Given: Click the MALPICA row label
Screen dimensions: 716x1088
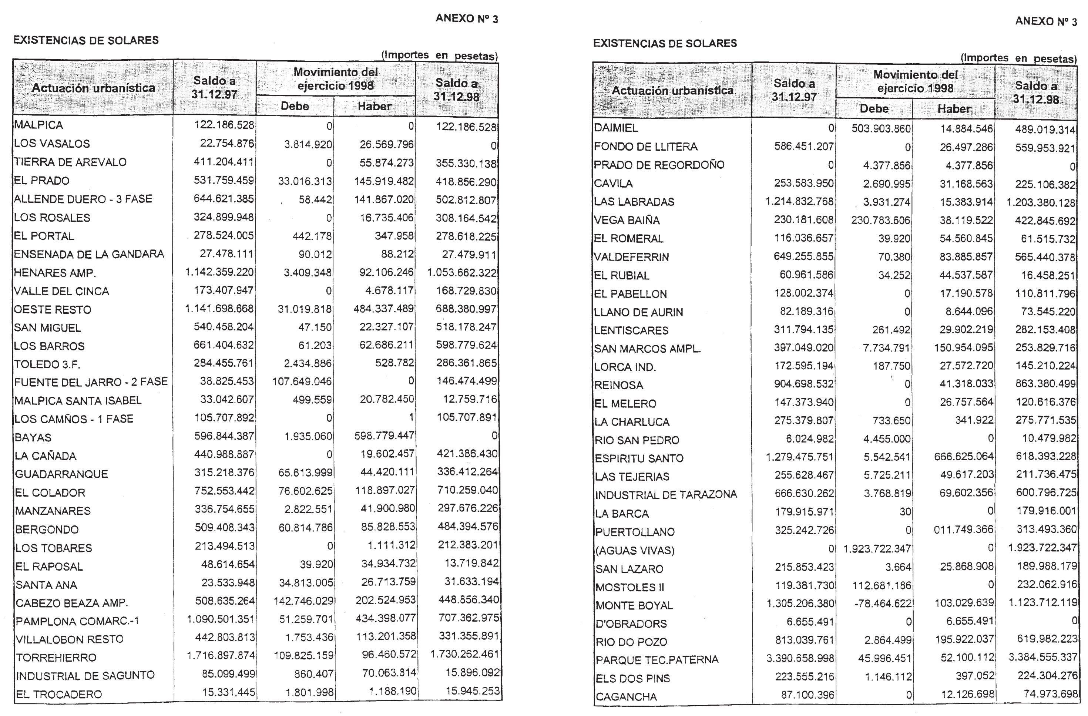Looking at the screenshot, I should coord(38,125).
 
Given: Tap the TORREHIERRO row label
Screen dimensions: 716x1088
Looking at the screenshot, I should coord(56,658).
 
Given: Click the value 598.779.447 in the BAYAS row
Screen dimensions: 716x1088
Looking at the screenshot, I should coord(384,436).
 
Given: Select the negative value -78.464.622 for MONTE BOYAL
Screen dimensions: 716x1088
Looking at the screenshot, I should coord(883,604).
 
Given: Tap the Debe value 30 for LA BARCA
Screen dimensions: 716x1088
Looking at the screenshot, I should coord(905,512).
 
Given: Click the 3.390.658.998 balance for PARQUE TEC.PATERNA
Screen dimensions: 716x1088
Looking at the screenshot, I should coord(800,658).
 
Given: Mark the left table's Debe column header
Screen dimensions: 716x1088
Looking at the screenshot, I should coord(295,106).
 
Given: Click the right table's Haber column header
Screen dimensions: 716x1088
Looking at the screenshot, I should coord(954,109).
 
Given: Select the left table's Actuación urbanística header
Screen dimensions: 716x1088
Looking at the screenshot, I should coord(93,88).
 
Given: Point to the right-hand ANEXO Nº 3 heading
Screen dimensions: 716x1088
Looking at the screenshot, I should coord(1045,21).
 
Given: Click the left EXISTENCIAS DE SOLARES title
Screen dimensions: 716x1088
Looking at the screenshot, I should coord(86,40).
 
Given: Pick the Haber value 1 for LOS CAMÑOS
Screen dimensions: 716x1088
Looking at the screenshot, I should coord(411,417).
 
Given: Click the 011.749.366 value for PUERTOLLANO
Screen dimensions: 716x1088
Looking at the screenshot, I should coord(963,530).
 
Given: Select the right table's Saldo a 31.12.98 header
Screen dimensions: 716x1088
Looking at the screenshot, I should coord(1035,93).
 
